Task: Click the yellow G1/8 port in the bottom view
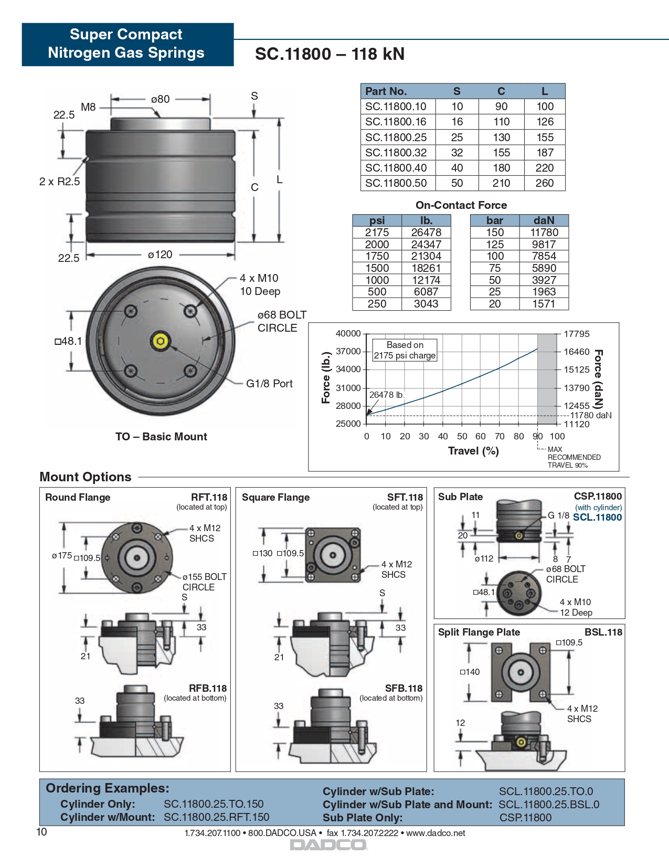point(161,341)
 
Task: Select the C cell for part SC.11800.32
point(501,153)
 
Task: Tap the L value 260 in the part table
point(544,183)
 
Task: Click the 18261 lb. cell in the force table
point(426,268)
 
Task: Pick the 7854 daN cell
point(544,256)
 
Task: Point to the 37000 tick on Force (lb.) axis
point(348,351)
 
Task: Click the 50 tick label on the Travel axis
point(462,436)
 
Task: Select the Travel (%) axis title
point(473,451)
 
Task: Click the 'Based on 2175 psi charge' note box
point(405,350)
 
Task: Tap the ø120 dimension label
point(160,255)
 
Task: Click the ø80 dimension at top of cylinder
point(160,99)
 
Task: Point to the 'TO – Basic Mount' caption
point(161,437)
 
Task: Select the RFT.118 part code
point(209,497)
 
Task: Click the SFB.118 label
point(403,688)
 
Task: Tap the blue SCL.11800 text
point(597,518)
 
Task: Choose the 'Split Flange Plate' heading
point(479,632)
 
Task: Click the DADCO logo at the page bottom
point(329,845)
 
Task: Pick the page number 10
point(41,832)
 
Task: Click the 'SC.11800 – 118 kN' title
point(330,54)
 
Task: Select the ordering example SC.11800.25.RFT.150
point(216,817)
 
